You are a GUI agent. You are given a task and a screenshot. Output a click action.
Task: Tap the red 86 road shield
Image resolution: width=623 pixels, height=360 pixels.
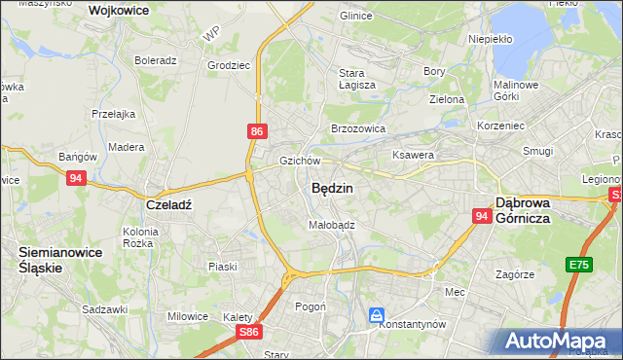coord(256,130)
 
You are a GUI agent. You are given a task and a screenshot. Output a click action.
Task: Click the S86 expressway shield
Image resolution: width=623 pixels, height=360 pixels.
coord(250,332)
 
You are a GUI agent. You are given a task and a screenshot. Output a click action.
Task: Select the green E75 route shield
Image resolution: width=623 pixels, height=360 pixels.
coord(581,264)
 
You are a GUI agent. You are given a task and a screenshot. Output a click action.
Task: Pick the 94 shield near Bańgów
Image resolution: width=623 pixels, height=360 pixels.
coord(77,177)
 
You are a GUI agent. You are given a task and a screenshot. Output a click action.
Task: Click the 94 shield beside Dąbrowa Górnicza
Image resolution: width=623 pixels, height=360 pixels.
coord(482,216)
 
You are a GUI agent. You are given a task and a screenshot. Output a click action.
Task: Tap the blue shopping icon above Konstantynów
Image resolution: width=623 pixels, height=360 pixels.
coord(377,313)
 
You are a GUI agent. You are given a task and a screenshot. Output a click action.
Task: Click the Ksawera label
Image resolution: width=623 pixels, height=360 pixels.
coord(412,155)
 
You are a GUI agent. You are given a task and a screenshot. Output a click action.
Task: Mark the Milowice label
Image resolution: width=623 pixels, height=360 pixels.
coord(188,316)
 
